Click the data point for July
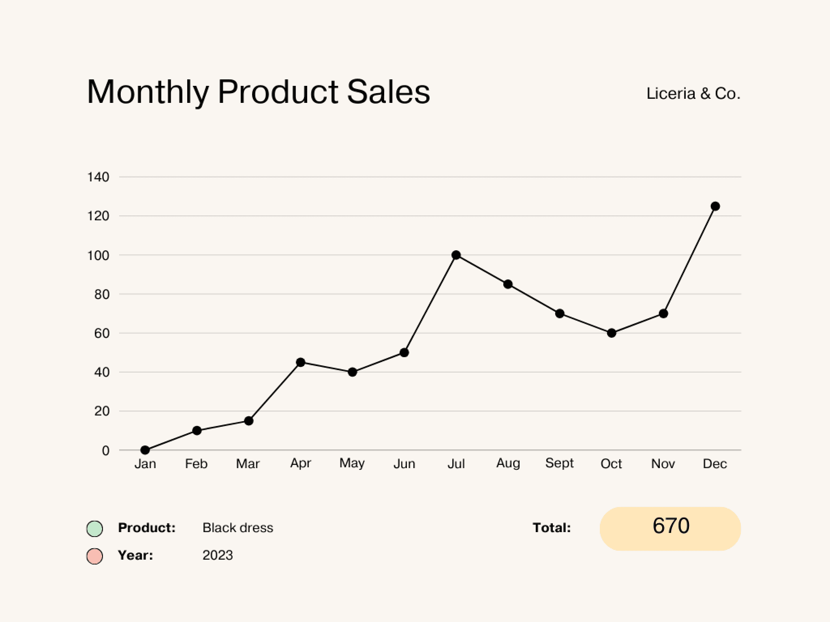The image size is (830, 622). point(456,255)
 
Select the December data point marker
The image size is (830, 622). point(715,207)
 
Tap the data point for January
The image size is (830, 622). point(145,450)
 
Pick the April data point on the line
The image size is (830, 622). point(300,362)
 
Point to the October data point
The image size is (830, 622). point(612,333)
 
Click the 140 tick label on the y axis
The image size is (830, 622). point(98,177)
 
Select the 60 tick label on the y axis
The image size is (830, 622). point(102,333)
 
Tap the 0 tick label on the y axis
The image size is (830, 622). point(105,451)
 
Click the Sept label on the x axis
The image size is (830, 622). point(559,463)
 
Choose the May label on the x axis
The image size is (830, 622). point(352,463)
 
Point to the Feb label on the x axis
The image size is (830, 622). point(196,463)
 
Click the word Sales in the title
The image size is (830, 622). point(388,92)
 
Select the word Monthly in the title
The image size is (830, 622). point(148,92)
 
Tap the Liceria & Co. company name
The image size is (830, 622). point(693,94)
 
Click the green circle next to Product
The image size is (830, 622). point(94,528)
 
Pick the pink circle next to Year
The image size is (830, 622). point(94,556)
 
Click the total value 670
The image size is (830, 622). point(671,526)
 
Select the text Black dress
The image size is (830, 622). point(238,528)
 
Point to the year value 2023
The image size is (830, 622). point(218,555)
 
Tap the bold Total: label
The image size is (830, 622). point(552,528)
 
